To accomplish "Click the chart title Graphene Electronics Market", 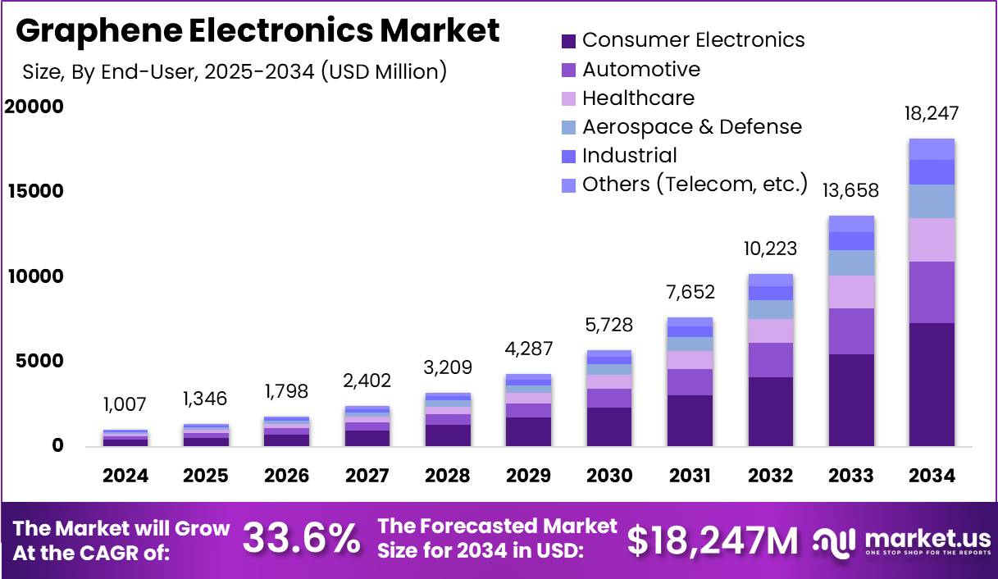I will click(x=257, y=30).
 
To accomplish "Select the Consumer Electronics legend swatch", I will click(x=568, y=40).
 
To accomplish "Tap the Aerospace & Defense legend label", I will click(x=691, y=126).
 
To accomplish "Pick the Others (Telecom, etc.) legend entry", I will click(x=695, y=184).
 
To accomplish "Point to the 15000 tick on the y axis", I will click(x=34, y=191).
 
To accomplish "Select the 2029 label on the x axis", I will click(x=529, y=476).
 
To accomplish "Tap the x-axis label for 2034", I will click(x=932, y=476).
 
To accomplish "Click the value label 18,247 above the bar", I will click(x=932, y=113).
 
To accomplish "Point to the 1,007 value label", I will click(x=125, y=404).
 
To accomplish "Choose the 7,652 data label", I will click(x=690, y=292).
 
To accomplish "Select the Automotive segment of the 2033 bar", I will click(x=851, y=331).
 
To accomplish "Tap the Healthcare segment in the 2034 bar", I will click(x=932, y=239).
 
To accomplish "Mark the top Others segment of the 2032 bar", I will click(x=771, y=280).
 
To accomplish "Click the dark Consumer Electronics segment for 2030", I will click(x=609, y=426).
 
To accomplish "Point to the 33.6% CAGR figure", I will click(x=301, y=539).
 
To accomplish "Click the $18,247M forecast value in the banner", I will click(x=713, y=540).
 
